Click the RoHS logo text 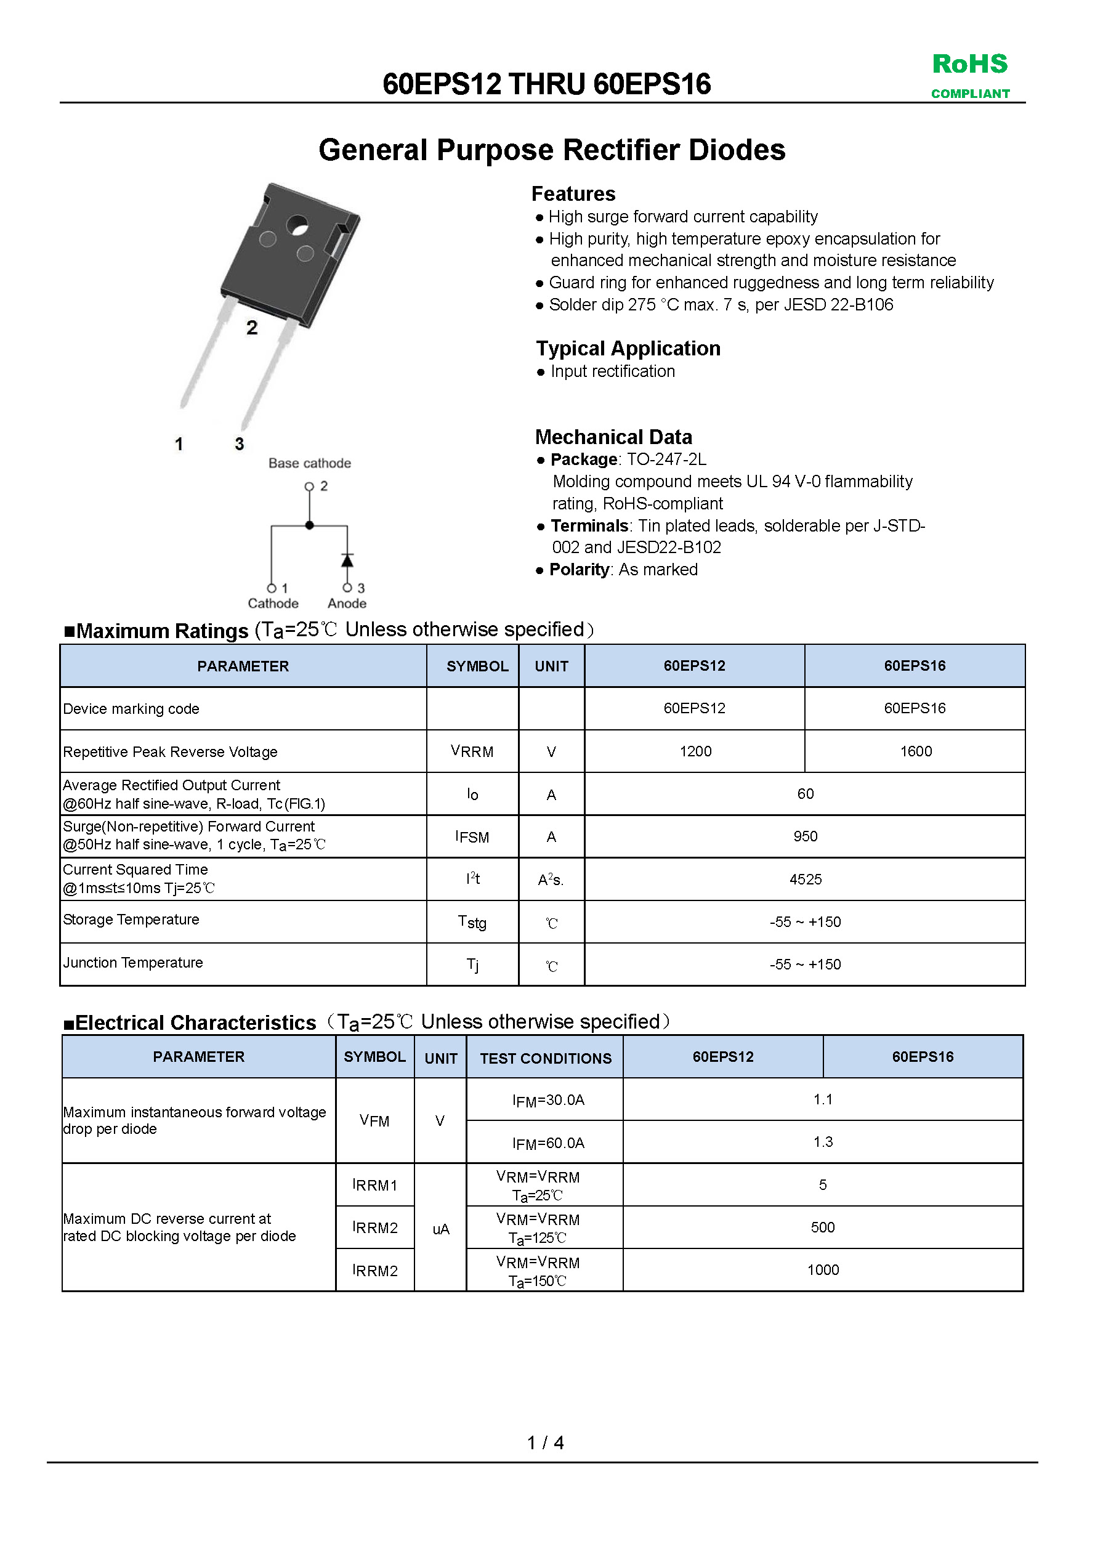coord(969,65)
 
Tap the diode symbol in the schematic coord(347,560)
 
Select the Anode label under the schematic coord(347,604)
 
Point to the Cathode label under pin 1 coord(273,604)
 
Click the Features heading coord(573,194)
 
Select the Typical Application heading coord(628,349)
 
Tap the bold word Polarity coord(579,570)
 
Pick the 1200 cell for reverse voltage coord(695,751)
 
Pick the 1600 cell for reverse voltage coord(916,751)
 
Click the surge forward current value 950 coord(805,836)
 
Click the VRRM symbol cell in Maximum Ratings coord(472,751)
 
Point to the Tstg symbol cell coord(472,922)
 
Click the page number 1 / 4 coord(545,1442)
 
